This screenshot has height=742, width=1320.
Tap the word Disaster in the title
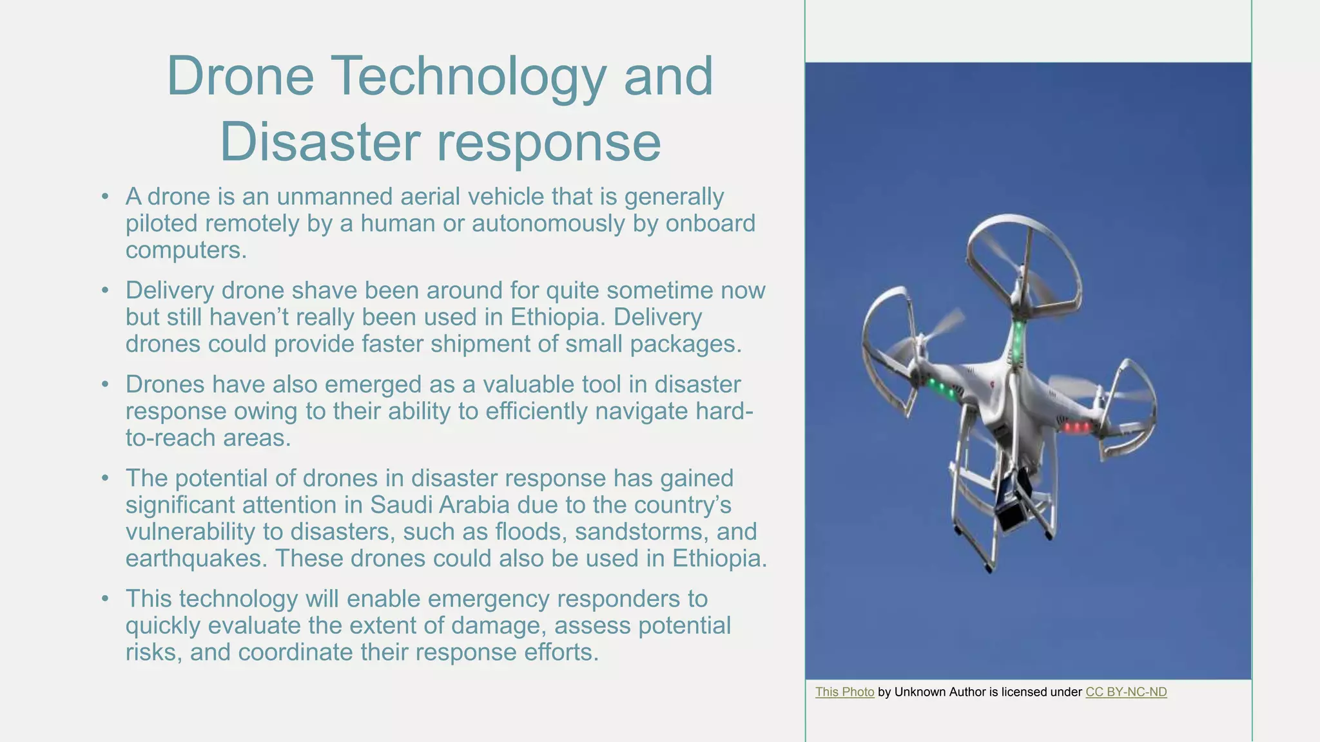[320, 142]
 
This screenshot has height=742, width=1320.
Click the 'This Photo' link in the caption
[844, 692]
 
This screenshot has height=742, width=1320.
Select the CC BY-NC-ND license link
[1126, 692]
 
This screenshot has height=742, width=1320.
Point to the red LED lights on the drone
[1077, 427]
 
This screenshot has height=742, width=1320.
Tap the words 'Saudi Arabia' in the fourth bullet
[440, 505]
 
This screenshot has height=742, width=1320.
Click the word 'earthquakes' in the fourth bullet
[195, 558]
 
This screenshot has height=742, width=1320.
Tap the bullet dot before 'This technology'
[105, 599]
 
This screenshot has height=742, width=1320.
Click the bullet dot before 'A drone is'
[105, 196]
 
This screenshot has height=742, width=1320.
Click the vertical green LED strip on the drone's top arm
[1018, 342]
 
